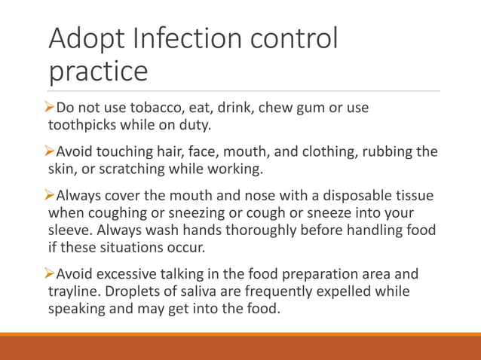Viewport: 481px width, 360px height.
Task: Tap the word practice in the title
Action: tap(98, 72)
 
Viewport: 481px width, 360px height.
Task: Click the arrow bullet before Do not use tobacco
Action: tap(53, 107)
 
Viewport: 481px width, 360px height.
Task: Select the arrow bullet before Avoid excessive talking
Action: tap(53, 274)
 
